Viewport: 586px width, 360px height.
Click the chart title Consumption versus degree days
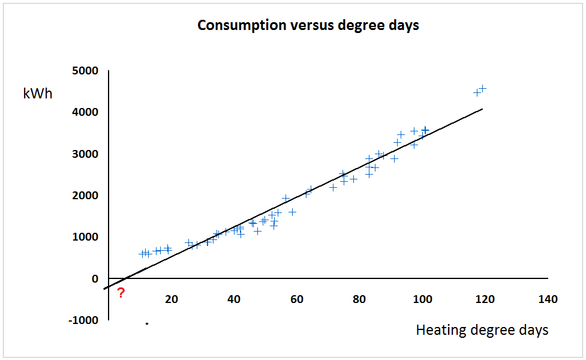[x=308, y=26]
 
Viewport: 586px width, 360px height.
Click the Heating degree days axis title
[x=482, y=330]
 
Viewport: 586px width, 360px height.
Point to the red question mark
[x=121, y=293]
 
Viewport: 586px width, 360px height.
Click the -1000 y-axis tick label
[x=84, y=320]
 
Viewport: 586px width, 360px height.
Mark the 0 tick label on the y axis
[x=95, y=279]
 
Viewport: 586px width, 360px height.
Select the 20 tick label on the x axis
[x=171, y=299]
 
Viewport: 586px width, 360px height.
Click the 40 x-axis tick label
[x=234, y=299]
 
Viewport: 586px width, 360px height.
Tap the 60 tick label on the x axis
[x=297, y=299]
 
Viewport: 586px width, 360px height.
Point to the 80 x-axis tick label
[x=359, y=299]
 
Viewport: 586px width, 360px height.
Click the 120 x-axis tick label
[x=485, y=299]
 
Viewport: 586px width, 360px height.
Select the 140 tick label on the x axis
[x=548, y=299]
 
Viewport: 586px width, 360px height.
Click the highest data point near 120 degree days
[x=482, y=88]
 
